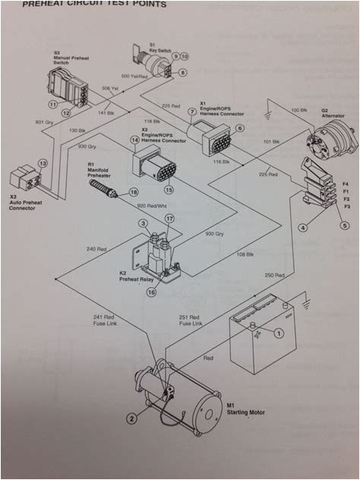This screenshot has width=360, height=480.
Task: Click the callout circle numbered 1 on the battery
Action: pyautogui.click(x=278, y=332)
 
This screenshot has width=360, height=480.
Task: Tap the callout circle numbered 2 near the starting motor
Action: pyautogui.click(x=131, y=416)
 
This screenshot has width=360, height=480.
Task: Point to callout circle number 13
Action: pyautogui.click(x=43, y=163)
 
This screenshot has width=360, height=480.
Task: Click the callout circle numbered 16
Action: pyautogui.click(x=151, y=292)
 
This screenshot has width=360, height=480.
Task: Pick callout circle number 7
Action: pyautogui.click(x=192, y=112)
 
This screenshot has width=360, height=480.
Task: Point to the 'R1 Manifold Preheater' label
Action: pyautogui.click(x=101, y=169)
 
